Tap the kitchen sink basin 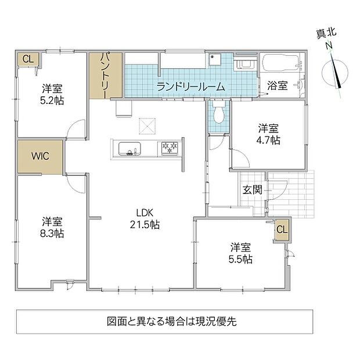[x=129, y=149]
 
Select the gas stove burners [x=170, y=148]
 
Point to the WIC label [x=40, y=156]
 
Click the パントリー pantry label [x=105, y=75]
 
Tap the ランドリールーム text [x=190, y=87]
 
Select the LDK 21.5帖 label [x=145, y=218]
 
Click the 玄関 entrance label [x=253, y=190]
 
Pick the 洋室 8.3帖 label [x=52, y=227]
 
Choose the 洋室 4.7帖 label [x=268, y=134]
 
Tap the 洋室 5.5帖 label [x=240, y=253]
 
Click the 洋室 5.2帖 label [x=52, y=95]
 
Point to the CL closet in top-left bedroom [x=28, y=59]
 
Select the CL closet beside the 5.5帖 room [x=282, y=229]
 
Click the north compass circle [x=335, y=73]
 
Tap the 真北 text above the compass [x=326, y=35]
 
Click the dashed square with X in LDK [x=147, y=126]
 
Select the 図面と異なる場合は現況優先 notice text [x=172, y=321]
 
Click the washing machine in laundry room [x=245, y=63]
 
